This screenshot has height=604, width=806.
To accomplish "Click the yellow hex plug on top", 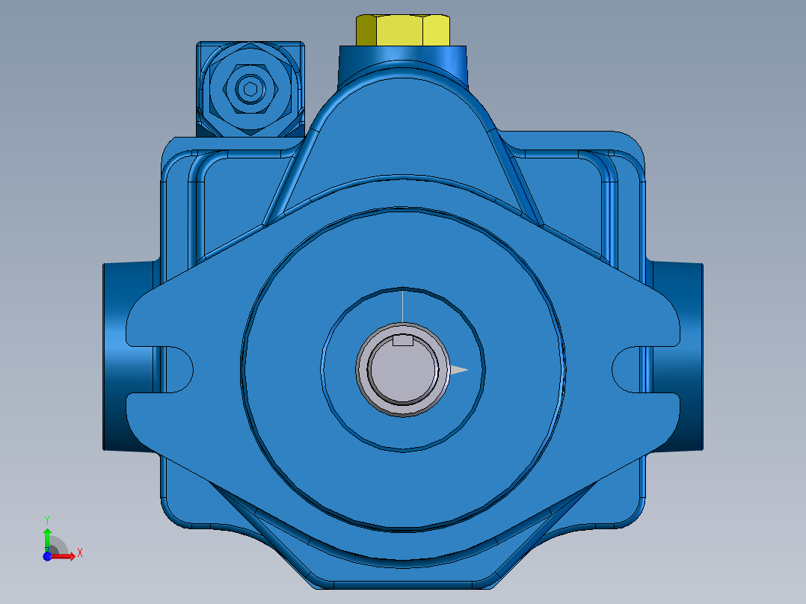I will [402, 30].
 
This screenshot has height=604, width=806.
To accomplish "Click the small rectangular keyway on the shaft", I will [403, 342].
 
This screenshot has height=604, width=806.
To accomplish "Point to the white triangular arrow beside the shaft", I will [458, 369].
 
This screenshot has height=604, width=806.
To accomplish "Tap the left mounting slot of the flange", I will [176, 366].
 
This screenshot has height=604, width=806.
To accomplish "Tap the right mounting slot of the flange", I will [628, 366].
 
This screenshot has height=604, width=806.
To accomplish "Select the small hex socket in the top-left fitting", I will [250, 89].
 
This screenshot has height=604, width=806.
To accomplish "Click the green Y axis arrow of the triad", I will [47, 537].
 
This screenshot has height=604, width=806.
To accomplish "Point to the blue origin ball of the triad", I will [47, 556].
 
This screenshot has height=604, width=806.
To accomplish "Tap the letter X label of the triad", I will [79, 553].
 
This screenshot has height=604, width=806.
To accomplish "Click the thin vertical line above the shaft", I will [403, 306].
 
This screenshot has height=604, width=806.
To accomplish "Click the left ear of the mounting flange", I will [150, 321].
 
